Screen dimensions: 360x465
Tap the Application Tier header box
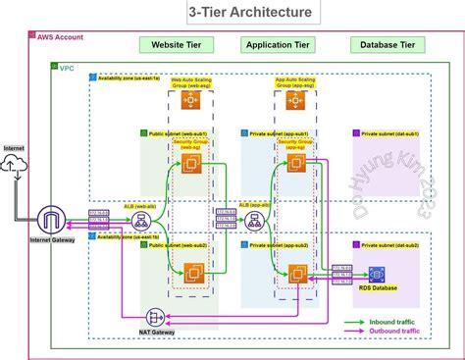[x=280, y=45]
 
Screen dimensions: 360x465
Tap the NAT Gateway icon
[x=156, y=317]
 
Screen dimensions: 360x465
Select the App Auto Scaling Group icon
[x=293, y=100]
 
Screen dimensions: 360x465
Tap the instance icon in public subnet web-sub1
[x=189, y=162]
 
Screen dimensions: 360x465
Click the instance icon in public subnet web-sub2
[x=189, y=272]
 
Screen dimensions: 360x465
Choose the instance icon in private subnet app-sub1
[x=293, y=162]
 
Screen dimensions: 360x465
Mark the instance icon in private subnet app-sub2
[x=293, y=274]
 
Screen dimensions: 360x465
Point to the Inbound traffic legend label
[x=402, y=320]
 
